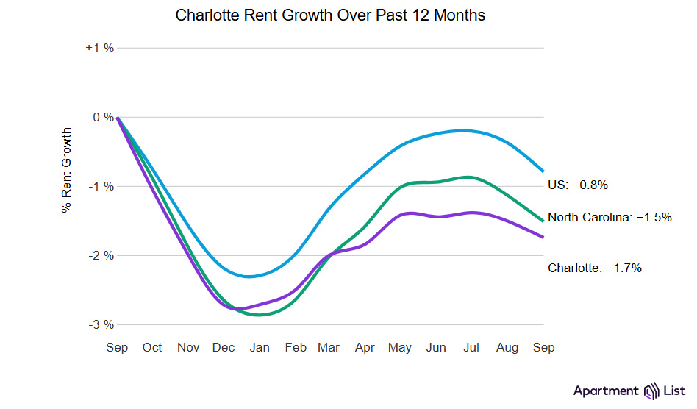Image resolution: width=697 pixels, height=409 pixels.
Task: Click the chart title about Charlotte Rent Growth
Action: tap(330, 15)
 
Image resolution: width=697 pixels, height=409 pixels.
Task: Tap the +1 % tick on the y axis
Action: tap(100, 48)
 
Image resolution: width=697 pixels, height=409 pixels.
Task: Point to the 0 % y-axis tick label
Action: tap(104, 117)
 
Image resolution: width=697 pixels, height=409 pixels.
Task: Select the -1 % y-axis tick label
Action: tap(101, 186)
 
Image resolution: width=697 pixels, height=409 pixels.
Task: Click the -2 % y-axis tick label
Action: tap(101, 255)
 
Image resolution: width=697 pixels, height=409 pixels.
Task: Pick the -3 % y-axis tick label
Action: tap(101, 324)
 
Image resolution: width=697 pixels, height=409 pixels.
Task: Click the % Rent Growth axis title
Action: tap(67, 171)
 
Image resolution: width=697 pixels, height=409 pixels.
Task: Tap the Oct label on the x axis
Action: tap(152, 347)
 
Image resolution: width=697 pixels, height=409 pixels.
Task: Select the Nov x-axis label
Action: tap(188, 347)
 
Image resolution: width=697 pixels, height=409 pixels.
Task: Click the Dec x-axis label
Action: tap(224, 347)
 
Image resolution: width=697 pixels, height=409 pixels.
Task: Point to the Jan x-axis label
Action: tap(260, 347)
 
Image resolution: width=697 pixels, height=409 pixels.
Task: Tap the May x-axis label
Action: tap(401, 347)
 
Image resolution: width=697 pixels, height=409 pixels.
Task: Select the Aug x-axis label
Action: tap(508, 347)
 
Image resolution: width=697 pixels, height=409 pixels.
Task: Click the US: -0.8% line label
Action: tap(578, 185)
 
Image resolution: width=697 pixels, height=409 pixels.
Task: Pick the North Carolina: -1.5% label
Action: tap(610, 218)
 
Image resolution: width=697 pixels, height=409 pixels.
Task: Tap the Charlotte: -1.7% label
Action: tap(595, 268)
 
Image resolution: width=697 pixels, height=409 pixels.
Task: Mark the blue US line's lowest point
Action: tap(251, 277)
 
